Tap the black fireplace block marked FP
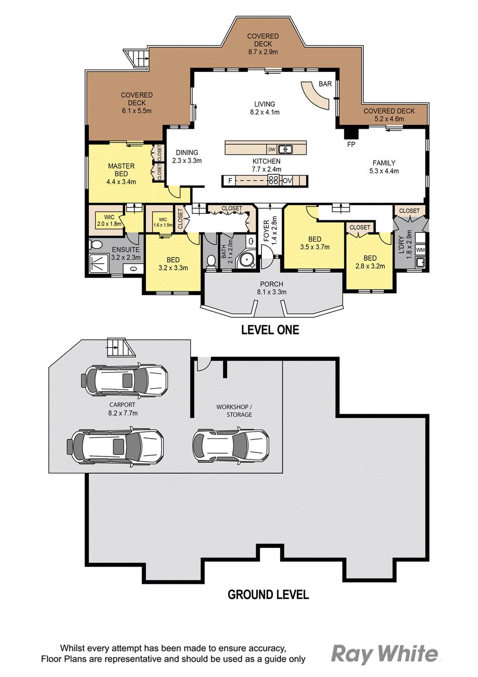click(x=351, y=133)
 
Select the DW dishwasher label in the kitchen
click(x=272, y=149)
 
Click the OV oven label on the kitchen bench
click(x=287, y=181)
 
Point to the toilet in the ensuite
click(x=95, y=245)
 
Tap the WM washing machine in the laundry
click(x=420, y=250)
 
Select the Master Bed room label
click(x=121, y=174)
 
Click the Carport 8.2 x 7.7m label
click(x=122, y=409)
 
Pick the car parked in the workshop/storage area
click(x=230, y=444)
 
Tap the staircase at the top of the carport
click(x=120, y=347)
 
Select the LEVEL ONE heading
click(x=270, y=330)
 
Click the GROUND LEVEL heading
click(x=268, y=595)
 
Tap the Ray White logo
click(x=384, y=654)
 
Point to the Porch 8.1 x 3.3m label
click(x=272, y=288)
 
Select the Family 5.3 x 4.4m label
click(x=384, y=167)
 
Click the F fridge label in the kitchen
click(x=230, y=181)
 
